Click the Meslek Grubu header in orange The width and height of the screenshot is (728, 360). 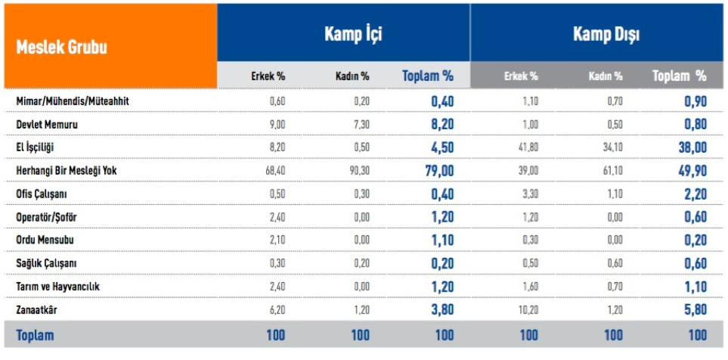[61, 48]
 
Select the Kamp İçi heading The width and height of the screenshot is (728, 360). [353, 34]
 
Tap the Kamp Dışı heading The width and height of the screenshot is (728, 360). [606, 34]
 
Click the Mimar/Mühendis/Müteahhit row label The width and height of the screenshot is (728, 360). [67, 101]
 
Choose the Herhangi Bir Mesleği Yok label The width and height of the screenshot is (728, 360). [67, 171]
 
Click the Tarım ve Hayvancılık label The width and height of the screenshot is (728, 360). [57, 287]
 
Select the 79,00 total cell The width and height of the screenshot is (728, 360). [437, 171]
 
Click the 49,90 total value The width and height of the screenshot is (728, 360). [692, 171]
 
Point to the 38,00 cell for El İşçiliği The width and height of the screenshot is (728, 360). [692, 147]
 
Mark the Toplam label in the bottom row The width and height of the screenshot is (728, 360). [35, 334]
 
